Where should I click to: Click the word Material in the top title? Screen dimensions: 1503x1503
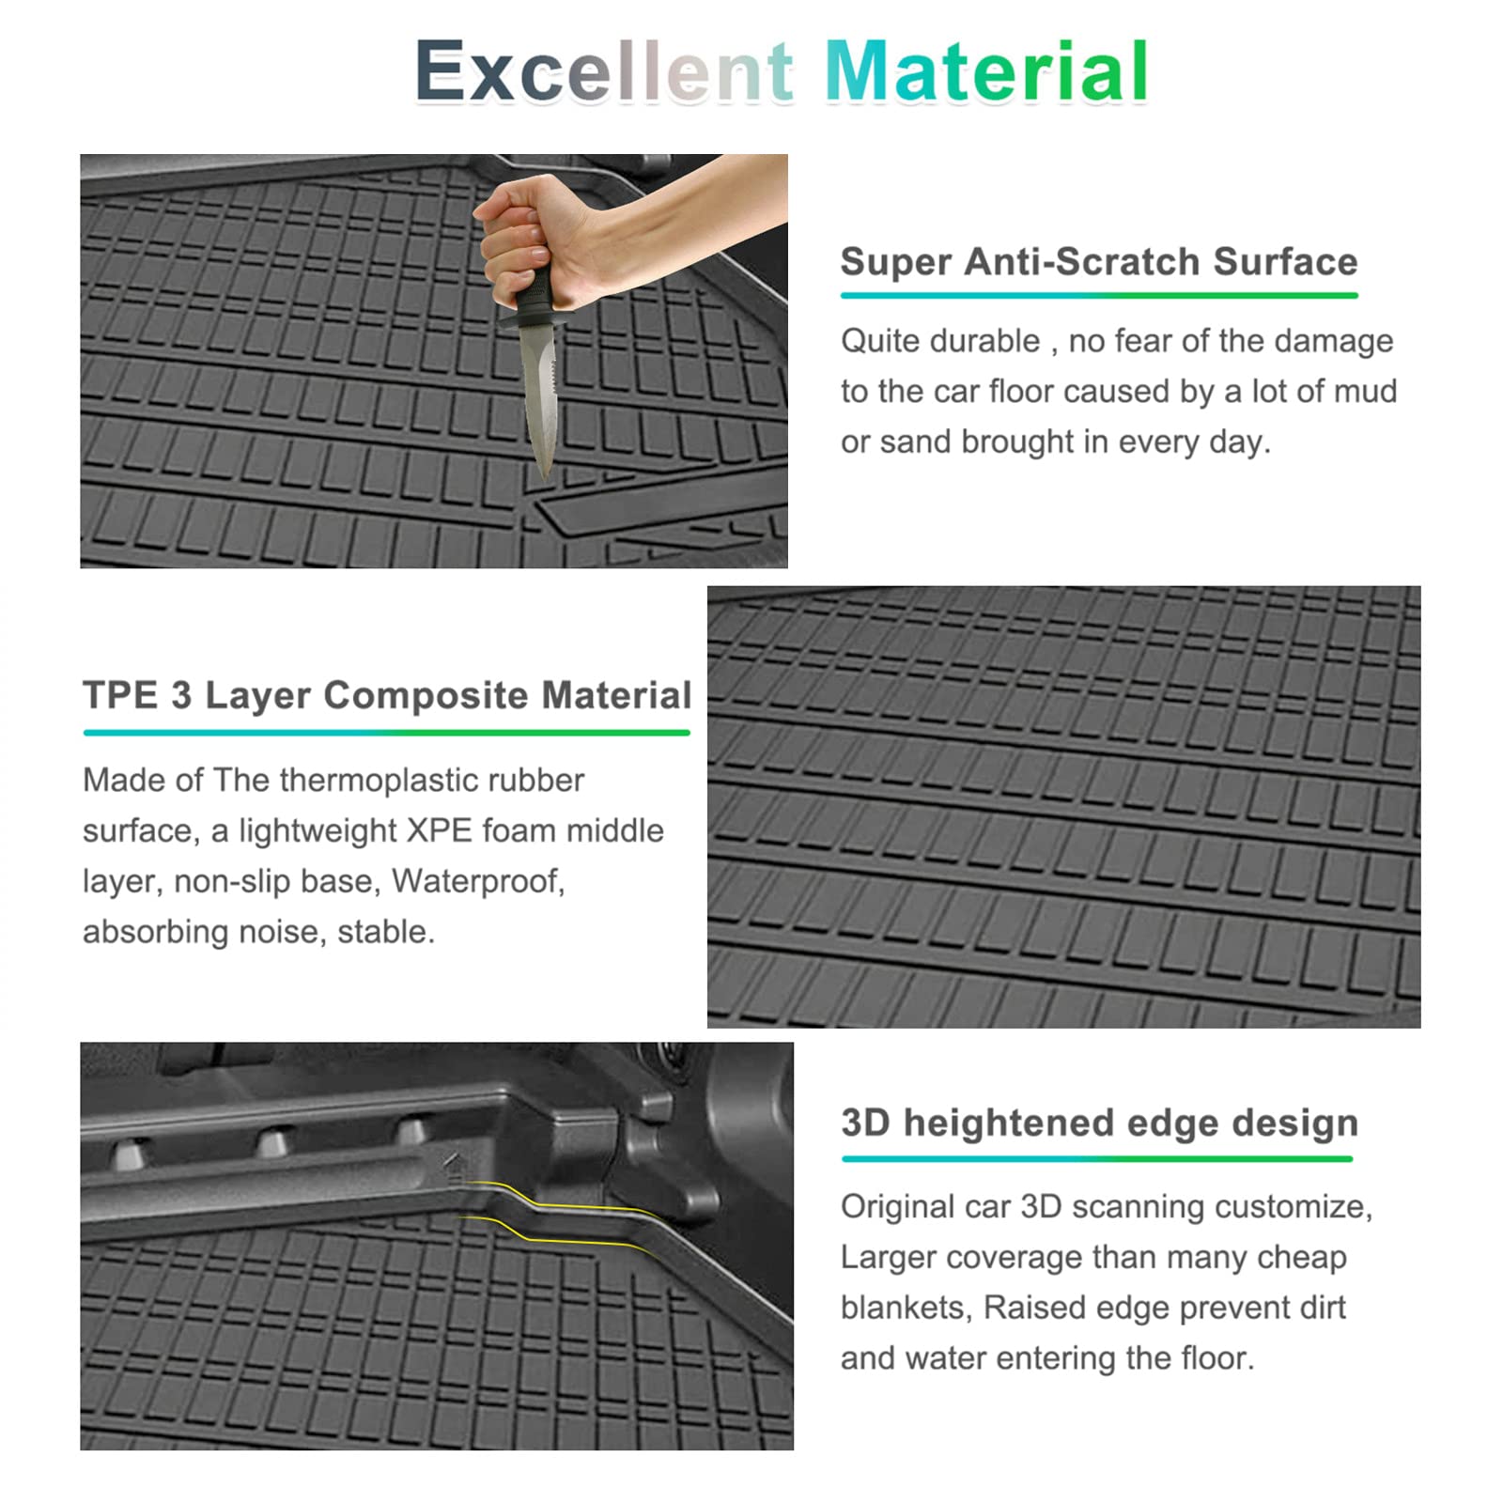pyautogui.click(x=986, y=71)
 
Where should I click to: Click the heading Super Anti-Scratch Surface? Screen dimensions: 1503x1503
pyautogui.click(x=1099, y=262)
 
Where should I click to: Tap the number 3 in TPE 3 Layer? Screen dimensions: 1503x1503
pyautogui.click(x=181, y=696)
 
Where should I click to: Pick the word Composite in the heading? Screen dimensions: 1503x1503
pyautogui.click(x=426, y=696)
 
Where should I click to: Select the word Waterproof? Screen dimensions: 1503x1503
pyautogui.click(x=478, y=882)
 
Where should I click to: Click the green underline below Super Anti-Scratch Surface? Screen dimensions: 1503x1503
pyautogui.click(x=1099, y=295)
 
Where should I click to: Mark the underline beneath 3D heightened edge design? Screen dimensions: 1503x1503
pyautogui.click(x=1097, y=1158)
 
